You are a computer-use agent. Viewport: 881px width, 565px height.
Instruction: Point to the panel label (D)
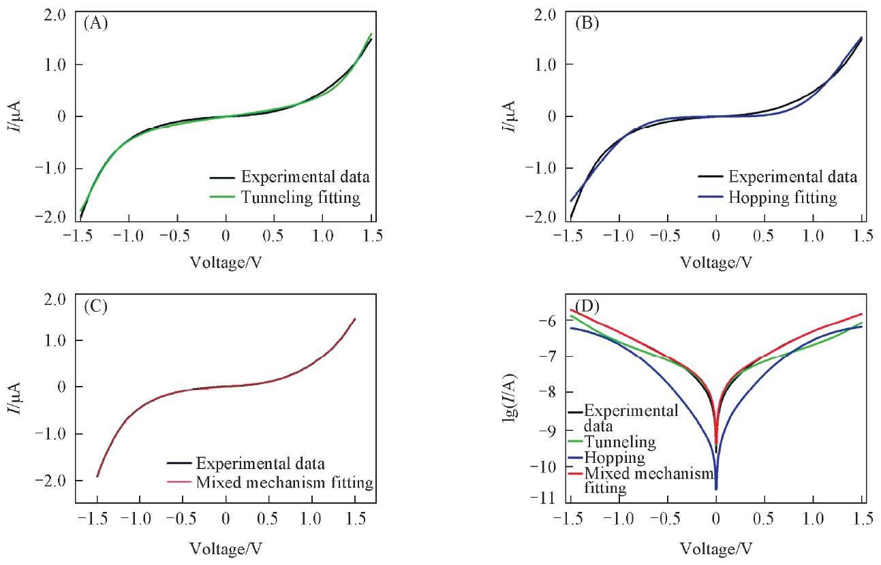(x=587, y=306)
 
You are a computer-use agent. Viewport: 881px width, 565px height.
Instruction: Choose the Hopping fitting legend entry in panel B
(x=782, y=197)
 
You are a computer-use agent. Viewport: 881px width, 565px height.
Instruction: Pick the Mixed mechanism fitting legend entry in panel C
(x=284, y=483)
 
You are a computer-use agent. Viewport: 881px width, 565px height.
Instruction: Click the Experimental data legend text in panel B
(x=792, y=177)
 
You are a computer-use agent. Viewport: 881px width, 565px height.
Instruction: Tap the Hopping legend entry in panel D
(x=615, y=457)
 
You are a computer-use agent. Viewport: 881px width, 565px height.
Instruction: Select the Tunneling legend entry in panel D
(x=620, y=442)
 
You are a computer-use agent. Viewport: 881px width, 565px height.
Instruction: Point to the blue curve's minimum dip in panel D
(x=716, y=488)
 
